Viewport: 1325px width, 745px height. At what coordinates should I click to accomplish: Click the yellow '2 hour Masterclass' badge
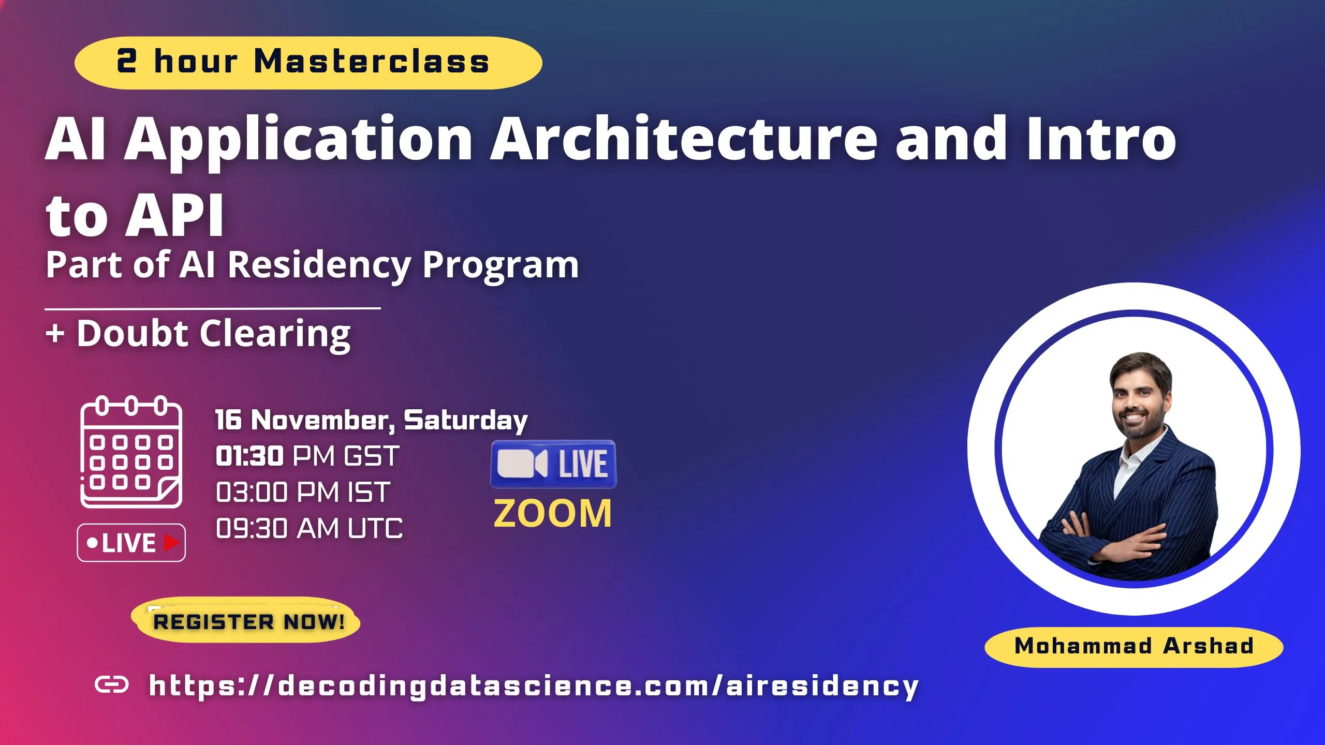click(x=308, y=63)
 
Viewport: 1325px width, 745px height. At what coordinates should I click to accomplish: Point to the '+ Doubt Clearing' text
click(x=198, y=333)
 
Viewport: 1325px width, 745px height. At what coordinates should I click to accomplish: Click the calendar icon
click(x=131, y=452)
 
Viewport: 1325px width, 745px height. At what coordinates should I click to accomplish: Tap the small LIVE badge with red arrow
click(x=131, y=543)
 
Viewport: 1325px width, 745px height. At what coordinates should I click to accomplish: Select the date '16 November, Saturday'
click(x=371, y=420)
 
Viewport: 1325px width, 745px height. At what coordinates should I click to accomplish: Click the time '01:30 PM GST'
click(x=307, y=456)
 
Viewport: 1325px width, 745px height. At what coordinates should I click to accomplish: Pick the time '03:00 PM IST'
click(x=303, y=492)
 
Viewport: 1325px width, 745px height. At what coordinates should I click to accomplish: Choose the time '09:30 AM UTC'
click(x=309, y=529)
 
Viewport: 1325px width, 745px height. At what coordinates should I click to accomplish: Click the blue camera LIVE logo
click(x=553, y=464)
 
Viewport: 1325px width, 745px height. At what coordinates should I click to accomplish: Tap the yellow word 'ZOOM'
click(x=553, y=514)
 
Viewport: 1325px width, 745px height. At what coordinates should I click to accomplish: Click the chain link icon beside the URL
click(x=112, y=685)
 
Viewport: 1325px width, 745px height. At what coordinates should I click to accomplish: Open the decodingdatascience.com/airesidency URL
click(x=533, y=686)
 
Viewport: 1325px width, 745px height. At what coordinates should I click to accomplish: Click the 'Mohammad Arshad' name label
click(x=1133, y=646)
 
